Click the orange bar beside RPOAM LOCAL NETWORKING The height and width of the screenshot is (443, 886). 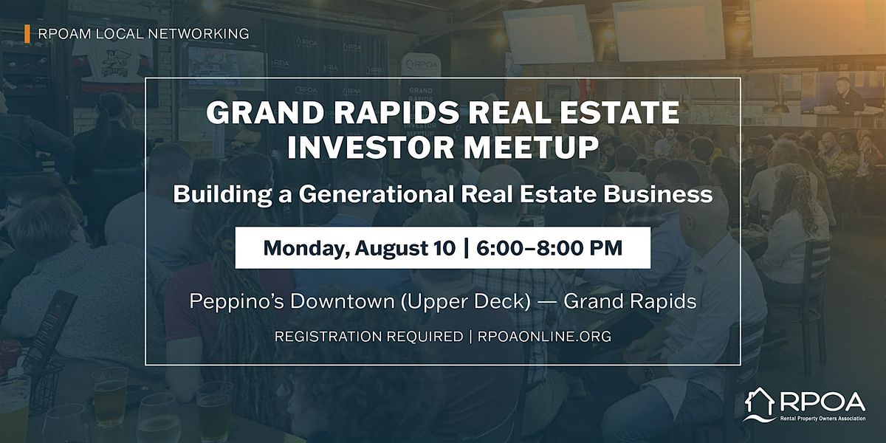click(27, 34)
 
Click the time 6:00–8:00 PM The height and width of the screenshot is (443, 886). click(549, 248)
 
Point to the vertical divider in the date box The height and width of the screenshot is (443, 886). click(466, 248)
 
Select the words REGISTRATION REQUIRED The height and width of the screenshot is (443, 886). click(368, 337)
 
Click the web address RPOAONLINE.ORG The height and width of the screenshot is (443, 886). click(545, 337)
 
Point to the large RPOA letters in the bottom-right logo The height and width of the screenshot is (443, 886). click(822, 402)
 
